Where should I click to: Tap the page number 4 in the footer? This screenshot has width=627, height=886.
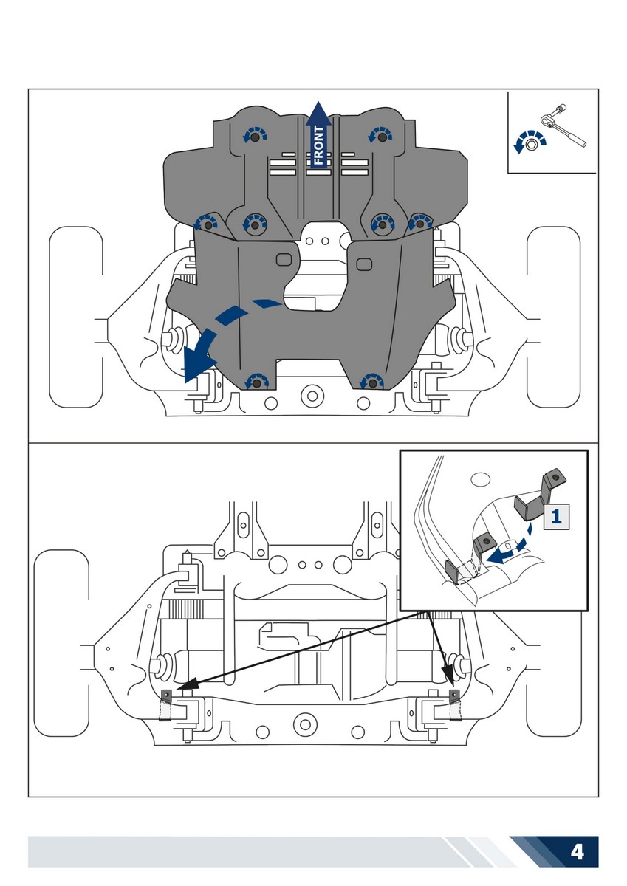[x=577, y=852]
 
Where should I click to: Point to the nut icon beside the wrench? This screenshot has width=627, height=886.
[x=530, y=145]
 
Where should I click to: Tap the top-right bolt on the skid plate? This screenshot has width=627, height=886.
[x=382, y=137]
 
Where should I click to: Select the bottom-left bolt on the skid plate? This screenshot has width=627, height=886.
[x=256, y=382]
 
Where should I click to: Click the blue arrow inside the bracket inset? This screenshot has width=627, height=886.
[x=507, y=552]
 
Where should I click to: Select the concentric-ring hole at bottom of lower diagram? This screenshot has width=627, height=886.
[x=304, y=724]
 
